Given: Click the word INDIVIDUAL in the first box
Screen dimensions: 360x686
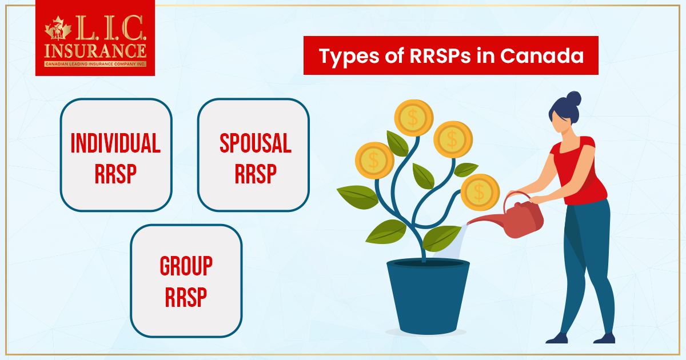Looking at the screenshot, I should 115,143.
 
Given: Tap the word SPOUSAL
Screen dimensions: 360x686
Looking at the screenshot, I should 255,143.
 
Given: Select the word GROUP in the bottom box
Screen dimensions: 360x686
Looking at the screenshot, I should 186,266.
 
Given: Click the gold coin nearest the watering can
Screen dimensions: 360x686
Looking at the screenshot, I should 480,193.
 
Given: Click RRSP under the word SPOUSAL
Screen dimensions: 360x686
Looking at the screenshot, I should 255,174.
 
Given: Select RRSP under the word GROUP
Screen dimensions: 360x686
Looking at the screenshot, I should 186,297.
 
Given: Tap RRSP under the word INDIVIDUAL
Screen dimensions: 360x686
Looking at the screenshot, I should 115,174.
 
